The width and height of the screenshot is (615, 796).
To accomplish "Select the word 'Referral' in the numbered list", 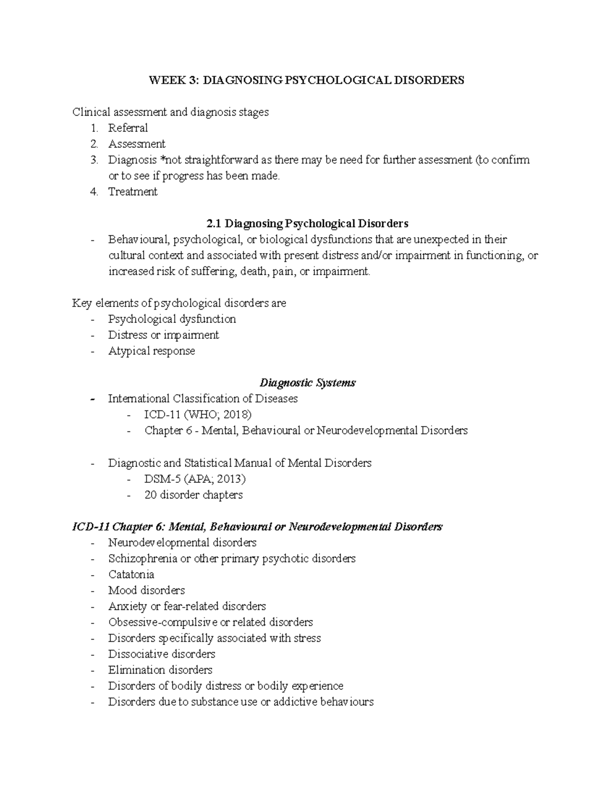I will coord(128,128).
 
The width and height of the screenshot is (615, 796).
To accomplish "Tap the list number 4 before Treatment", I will coord(93,192).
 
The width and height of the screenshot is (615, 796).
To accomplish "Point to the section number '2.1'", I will coord(214,223).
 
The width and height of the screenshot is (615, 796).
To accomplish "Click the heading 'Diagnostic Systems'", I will coord(307,383).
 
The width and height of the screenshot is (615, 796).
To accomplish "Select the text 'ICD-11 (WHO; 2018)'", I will coord(198,415).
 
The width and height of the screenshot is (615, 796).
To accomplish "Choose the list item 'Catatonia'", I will coord(131,574).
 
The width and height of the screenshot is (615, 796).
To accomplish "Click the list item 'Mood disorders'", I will coord(147,590).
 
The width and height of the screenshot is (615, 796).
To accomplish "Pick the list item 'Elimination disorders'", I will coord(160,669).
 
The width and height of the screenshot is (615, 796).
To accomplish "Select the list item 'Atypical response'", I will coord(152,351).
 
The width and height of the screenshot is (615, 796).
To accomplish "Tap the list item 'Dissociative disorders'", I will coord(161,654).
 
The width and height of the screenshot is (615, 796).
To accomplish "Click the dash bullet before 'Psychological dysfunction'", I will coord(92,319).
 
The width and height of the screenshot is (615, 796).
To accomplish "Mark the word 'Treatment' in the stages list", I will coord(133,192).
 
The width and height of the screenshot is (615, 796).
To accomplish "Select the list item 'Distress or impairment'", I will coord(163,335).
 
